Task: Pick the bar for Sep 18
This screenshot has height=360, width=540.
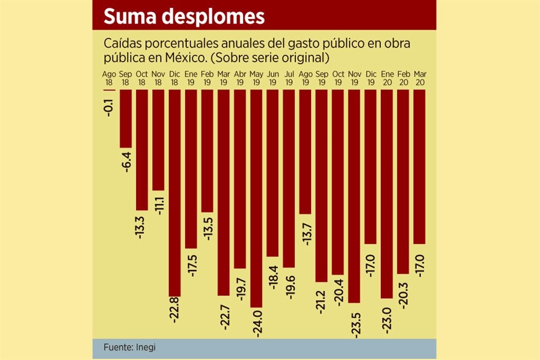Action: [125, 119]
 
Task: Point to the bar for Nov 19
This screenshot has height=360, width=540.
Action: [354, 196]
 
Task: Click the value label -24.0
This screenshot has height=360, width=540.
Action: [257, 322]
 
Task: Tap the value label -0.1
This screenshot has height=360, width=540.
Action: [109, 106]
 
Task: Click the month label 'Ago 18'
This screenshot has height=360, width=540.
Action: [109, 78]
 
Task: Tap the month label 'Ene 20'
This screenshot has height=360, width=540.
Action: [387, 78]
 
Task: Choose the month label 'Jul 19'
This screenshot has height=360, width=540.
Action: [289, 78]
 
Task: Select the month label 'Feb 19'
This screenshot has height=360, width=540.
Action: [207, 78]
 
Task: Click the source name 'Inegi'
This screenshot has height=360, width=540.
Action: [145, 347]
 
